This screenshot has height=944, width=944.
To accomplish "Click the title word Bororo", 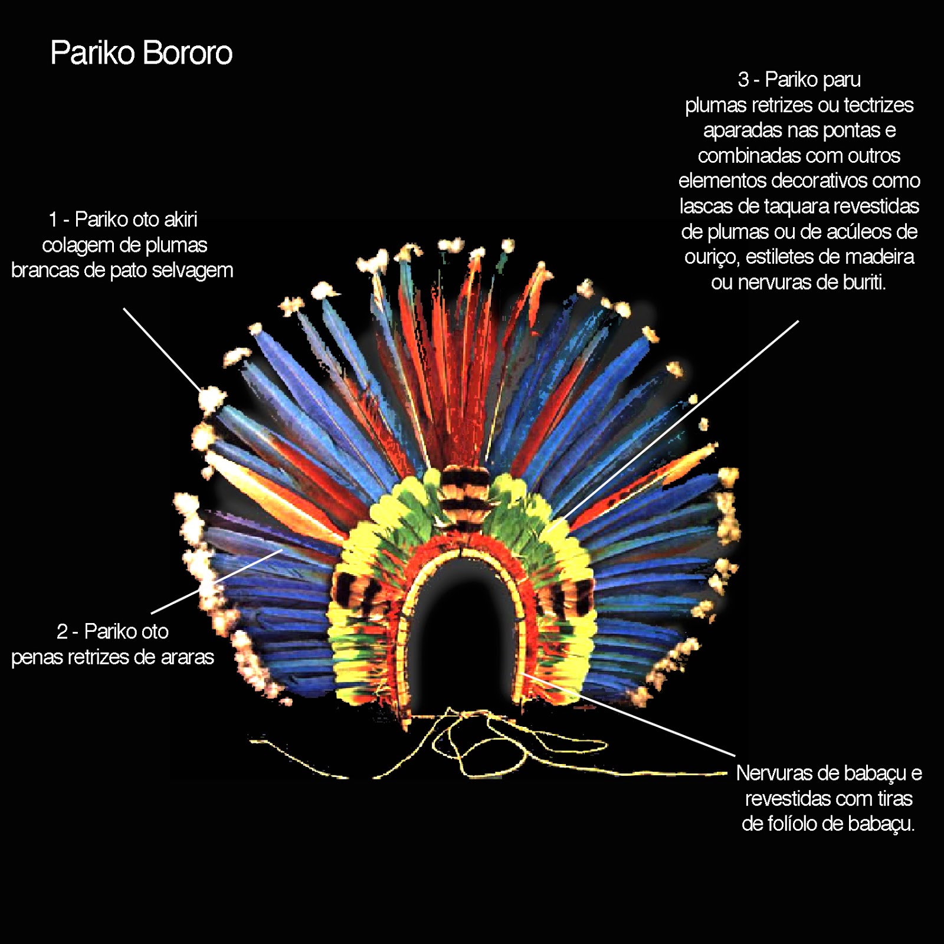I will [x=187, y=53].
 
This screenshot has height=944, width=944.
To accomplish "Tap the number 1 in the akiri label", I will [x=53, y=219].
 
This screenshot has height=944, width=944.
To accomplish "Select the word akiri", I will [x=181, y=219].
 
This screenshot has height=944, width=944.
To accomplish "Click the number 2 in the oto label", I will [x=62, y=632].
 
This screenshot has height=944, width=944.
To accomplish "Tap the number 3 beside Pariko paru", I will [x=743, y=80].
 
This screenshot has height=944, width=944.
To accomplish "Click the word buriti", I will [x=864, y=283].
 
